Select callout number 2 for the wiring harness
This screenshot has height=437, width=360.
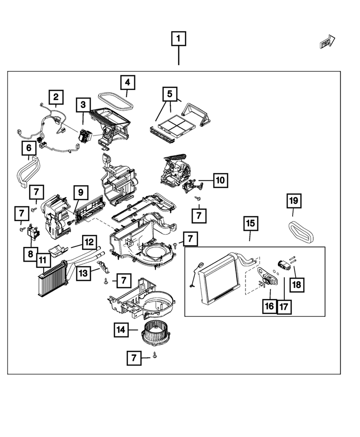(56, 97)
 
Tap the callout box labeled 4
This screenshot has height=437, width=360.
(127, 82)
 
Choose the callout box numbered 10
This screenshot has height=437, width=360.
(220, 180)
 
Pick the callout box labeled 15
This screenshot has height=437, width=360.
(249, 224)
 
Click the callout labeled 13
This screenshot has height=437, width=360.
(83, 273)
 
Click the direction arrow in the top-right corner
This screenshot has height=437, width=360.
(327, 42)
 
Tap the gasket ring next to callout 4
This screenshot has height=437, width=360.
(115, 100)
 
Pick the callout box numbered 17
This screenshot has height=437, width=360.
(284, 306)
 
